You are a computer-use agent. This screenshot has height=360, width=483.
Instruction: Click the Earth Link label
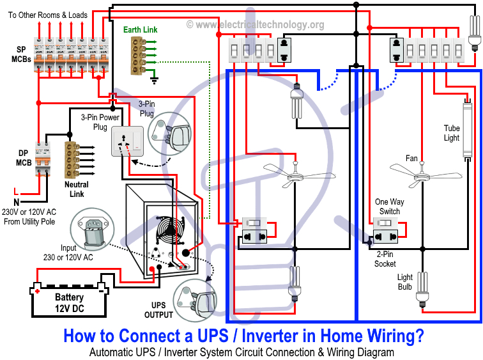[140, 29]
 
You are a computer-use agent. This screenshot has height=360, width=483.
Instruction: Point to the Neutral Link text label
[77, 189]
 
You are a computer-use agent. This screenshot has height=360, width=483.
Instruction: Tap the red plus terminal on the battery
[38, 291]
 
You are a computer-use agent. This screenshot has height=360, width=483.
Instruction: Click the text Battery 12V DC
[68, 303]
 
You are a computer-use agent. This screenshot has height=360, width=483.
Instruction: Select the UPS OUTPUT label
[158, 309]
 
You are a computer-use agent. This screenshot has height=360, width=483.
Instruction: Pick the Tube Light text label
[452, 133]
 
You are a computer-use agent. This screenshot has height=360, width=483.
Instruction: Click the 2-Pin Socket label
[385, 259]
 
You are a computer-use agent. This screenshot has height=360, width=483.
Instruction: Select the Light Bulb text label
[404, 282]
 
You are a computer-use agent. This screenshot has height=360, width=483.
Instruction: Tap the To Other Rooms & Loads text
[47, 13]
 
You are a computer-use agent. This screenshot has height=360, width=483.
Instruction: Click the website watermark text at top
[256, 25]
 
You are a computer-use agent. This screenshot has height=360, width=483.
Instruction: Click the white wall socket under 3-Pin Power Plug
[127, 141]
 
